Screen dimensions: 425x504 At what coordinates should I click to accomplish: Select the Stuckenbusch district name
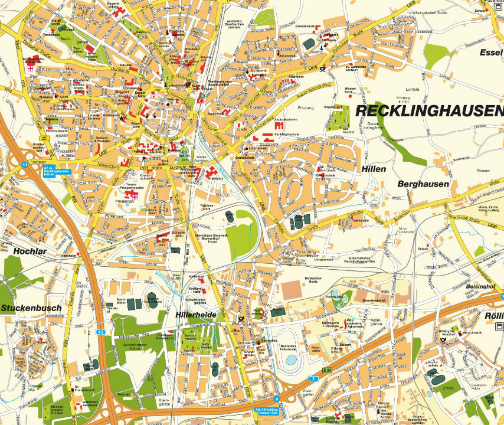(x=31, y=308)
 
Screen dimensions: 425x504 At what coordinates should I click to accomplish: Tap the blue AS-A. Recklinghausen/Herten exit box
(x=57, y=171)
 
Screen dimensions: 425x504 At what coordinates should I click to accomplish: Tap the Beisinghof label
(x=480, y=286)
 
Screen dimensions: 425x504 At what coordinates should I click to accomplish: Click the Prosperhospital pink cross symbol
(x=134, y=195)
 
